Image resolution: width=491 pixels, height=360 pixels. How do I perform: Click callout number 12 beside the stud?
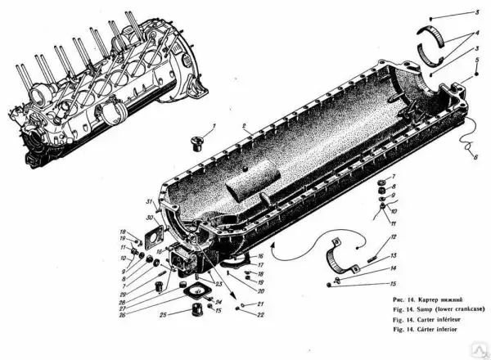(x=392, y=237)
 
